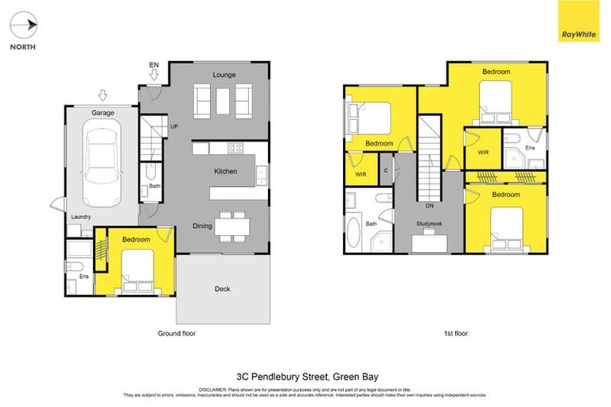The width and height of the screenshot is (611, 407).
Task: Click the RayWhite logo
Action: click(x=579, y=21)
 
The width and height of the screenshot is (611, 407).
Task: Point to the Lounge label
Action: click(x=223, y=75)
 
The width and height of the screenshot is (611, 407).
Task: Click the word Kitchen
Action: click(x=226, y=171)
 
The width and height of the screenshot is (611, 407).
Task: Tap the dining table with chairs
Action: click(x=232, y=226)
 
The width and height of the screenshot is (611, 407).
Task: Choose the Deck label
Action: click(x=223, y=289)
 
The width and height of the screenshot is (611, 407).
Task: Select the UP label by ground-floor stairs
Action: click(x=174, y=125)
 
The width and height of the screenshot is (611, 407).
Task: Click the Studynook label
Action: click(x=429, y=224)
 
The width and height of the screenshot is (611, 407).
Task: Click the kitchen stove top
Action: click(x=235, y=148)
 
